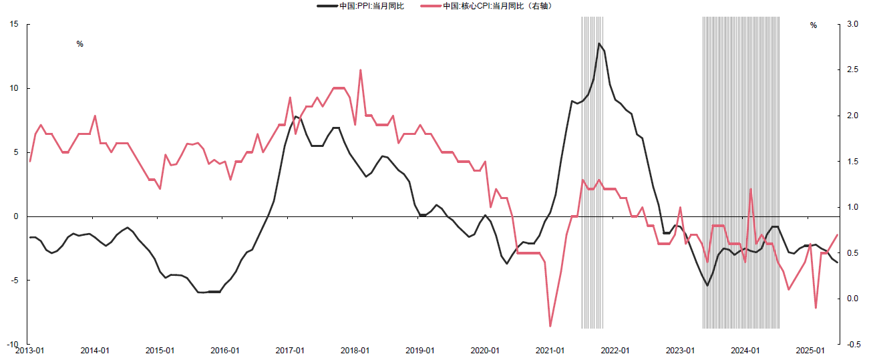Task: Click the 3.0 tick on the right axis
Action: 852,24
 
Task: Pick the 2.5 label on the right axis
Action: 852,69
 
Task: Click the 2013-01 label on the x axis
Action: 29,351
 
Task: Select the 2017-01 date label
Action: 290,351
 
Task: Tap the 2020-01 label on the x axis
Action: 485,351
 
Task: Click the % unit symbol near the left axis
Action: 79,44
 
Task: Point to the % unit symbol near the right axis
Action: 814,25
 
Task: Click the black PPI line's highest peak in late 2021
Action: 599,44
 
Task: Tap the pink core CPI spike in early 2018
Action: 361,70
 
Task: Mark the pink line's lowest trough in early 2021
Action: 550,326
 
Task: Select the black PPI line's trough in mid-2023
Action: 707,285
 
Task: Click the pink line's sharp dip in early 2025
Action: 816,308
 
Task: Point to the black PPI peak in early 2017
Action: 295,116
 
